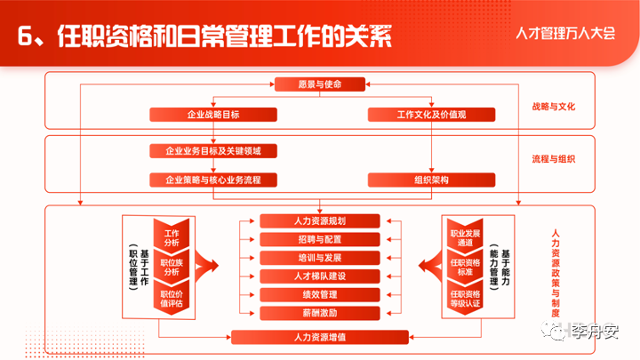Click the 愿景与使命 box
tap(320, 84)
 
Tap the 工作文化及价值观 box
tap(431, 115)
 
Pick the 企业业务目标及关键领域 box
tap(213, 150)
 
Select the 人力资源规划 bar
tap(320, 220)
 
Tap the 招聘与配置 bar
tap(320, 239)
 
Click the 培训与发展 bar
tap(320, 258)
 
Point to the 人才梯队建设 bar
tap(320, 276)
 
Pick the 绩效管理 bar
tap(320, 294)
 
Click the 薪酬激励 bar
tap(320, 313)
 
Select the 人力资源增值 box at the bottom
tap(320, 337)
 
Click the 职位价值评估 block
tap(172, 298)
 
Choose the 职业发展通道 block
tap(465, 236)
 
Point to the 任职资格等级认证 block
tap(465, 298)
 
